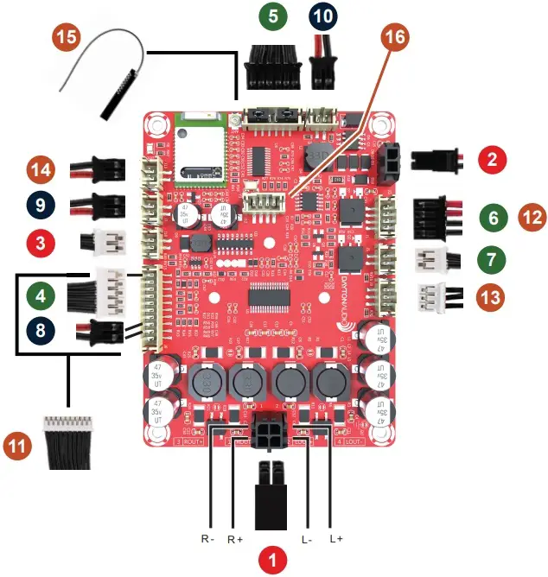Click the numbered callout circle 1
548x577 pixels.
(x=273, y=559)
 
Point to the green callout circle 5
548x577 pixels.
(x=274, y=16)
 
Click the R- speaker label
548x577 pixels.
(x=207, y=539)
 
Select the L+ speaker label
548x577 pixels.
(x=336, y=539)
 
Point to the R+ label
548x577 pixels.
(x=233, y=539)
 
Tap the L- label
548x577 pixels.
(x=307, y=539)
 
